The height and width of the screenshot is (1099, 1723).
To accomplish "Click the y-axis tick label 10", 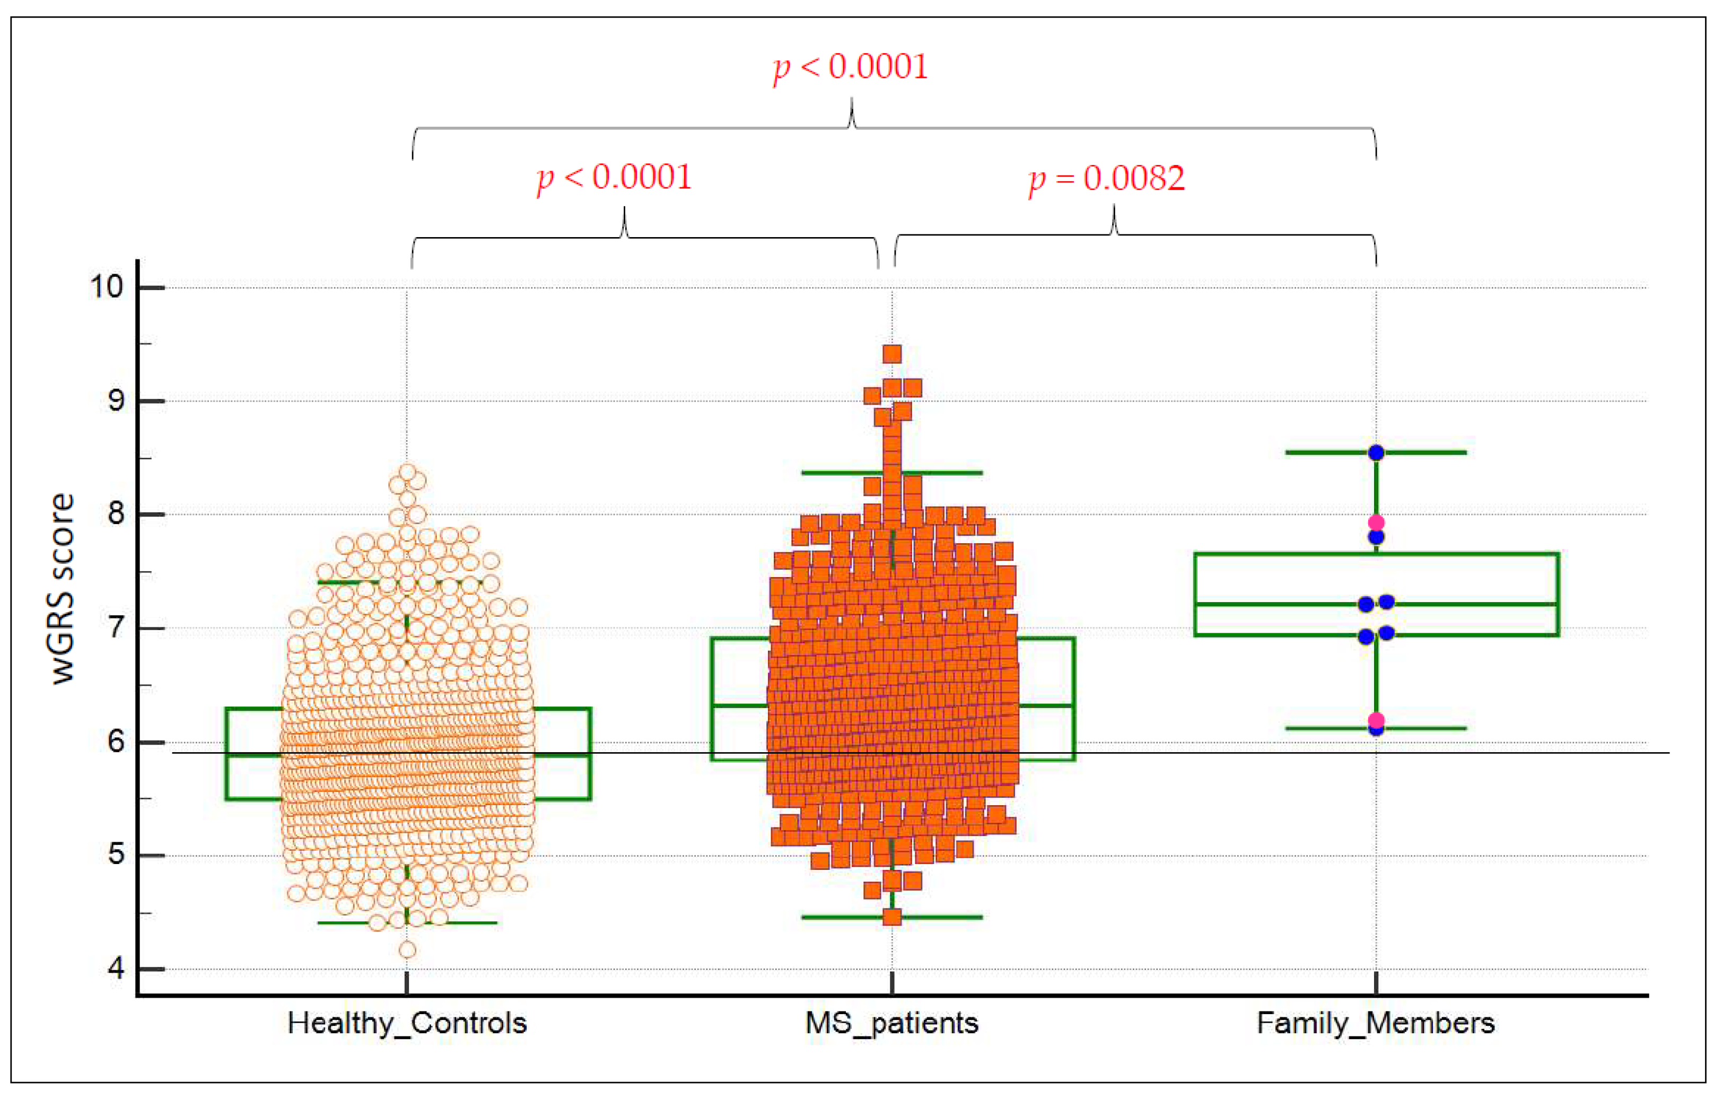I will (106, 287).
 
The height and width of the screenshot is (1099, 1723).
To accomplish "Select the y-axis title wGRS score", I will (63, 589).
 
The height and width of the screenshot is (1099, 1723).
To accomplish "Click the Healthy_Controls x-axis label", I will (407, 1023).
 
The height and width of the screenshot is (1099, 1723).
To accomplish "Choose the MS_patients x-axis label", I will (891, 1023).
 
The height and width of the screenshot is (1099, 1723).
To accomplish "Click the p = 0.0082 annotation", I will (1106, 178).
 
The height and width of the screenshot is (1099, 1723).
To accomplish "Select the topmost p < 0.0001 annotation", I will (850, 67).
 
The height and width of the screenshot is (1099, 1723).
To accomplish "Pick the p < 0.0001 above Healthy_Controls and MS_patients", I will (615, 178).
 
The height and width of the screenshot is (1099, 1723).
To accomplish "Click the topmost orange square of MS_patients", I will (891, 353).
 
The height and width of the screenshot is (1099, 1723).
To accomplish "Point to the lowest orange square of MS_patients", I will (891, 917).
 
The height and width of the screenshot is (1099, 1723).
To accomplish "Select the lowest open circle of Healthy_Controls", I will (407, 950).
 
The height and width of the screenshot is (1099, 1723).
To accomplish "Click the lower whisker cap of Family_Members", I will (1424, 728).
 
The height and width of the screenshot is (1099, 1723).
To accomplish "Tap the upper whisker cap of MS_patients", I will (952, 472).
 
